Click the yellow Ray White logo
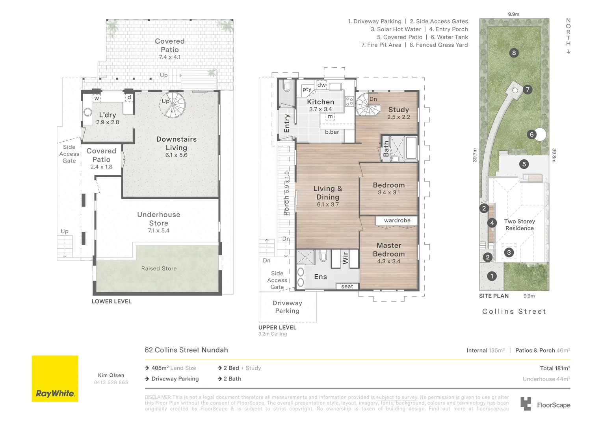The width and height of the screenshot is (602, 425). click(x=55, y=379)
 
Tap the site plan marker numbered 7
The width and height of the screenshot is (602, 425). click(x=527, y=89)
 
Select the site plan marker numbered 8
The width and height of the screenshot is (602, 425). click(x=514, y=53)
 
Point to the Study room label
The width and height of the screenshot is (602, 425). click(x=399, y=109)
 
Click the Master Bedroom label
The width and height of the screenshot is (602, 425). click(x=388, y=249)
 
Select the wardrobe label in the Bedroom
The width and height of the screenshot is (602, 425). click(x=397, y=220)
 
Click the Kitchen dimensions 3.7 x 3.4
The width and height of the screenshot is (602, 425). click(x=320, y=109)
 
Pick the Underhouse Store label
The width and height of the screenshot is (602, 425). click(x=158, y=218)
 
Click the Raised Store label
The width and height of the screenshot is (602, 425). click(x=159, y=268)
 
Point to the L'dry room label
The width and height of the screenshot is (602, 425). click(x=108, y=115)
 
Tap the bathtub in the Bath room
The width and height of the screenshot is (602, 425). click(x=411, y=148)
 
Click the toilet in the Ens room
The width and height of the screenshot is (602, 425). click(x=323, y=256)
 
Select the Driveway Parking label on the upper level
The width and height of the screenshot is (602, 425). click(x=287, y=307)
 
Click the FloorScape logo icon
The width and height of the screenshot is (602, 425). click(x=526, y=404)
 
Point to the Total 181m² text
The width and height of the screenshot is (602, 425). click(x=555, y=368)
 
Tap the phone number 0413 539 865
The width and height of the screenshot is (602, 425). click(x=111, y=382)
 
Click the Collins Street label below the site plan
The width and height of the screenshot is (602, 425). click(x=514, y=311)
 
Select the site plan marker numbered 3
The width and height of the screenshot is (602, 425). click(x=509, y=252)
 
